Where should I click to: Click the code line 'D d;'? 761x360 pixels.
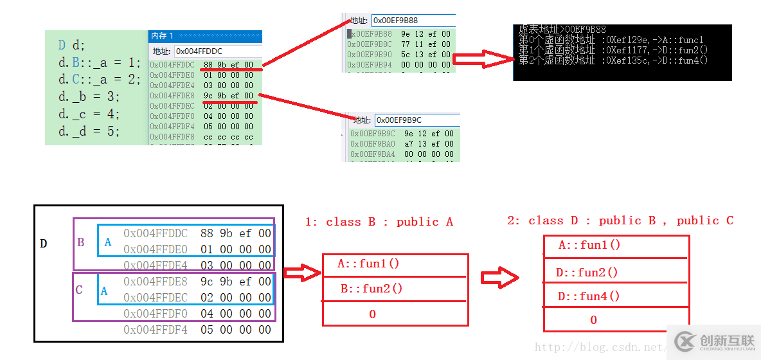(x=71, y=45)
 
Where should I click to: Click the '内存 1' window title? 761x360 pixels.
(x=162, y=36)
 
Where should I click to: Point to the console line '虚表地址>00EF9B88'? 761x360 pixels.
(x=562, y=30)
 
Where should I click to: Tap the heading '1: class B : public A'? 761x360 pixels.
(x=379, y=222)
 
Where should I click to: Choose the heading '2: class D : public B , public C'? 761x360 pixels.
(x=620, y=221)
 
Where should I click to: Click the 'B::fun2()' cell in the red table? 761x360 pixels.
(x=372, y=289)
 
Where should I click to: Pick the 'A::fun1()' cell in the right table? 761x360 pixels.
(x=589, y=245)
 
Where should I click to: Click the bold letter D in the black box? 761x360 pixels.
(x=44, y=244)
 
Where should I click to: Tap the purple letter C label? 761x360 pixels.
(x=79, y=290)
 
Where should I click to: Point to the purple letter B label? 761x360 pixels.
(x=81, y=243)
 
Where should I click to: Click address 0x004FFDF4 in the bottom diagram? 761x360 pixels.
(x=156, y=330)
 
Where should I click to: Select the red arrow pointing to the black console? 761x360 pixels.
(x=483, y=59)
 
